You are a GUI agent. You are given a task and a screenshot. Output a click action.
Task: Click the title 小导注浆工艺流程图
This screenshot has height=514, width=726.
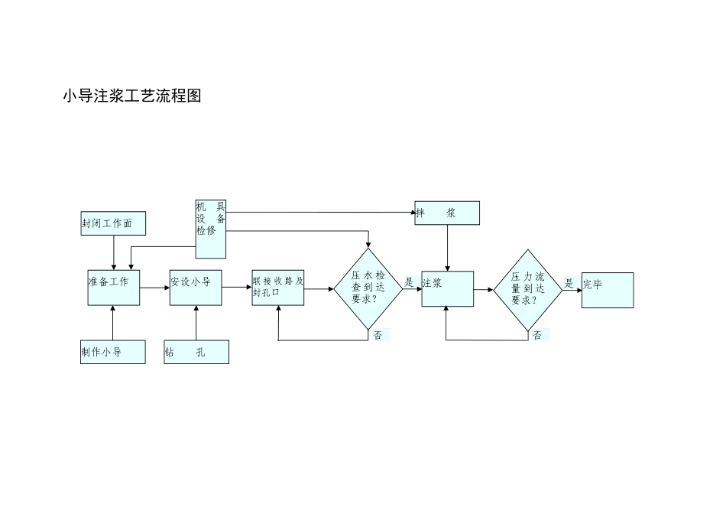tap(131, 96)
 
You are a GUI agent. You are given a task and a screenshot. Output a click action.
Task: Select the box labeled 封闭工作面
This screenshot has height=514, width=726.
tap(113, 223)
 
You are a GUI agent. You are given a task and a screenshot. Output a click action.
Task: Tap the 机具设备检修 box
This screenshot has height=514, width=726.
tap(211, 229)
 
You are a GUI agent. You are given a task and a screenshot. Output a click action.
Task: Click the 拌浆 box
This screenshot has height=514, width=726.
tap(447, 213)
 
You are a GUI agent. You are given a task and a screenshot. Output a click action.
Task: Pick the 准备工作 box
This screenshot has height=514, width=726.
tap(113, 288)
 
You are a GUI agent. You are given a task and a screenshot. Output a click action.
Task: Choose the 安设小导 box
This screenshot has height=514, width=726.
tap(196, 288)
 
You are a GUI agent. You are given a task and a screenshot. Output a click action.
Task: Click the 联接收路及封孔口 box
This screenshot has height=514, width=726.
tap(278, 288)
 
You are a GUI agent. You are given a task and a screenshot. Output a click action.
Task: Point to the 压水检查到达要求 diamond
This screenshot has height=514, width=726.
tap(368, 288)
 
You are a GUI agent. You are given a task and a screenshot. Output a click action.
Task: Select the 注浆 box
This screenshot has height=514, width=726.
tap(447, 288)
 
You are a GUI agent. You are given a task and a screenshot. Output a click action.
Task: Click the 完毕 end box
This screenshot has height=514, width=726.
tap(608, 290)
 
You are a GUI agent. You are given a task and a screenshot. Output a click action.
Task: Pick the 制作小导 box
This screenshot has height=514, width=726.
tap(113, 352)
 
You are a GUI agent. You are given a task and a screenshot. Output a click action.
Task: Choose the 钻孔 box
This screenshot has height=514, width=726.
tap(196, 352)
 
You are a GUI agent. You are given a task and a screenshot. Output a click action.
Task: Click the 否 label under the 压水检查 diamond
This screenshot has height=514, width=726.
tap(378, 335)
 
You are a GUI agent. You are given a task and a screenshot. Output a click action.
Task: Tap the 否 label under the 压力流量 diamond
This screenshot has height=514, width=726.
tap(538, 335)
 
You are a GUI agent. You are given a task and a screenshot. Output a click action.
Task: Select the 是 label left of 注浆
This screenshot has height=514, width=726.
tap(409, 282)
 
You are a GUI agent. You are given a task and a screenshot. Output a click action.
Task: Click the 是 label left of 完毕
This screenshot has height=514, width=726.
tap(569, 283)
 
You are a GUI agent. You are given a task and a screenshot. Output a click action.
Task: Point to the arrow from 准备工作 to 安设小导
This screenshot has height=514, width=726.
tap(154, 288)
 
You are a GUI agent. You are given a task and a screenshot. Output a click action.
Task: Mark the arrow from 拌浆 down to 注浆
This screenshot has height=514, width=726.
tap(447, 249)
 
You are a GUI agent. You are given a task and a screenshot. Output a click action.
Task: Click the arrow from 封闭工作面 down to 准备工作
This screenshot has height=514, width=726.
tap(114, 252)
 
